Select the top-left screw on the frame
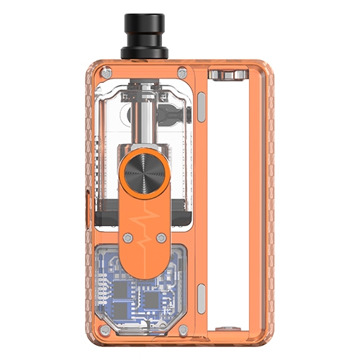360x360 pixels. (x=107, y=73)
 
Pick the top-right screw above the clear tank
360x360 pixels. (x=181, y=72)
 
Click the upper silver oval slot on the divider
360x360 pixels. (x=201, y=108)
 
